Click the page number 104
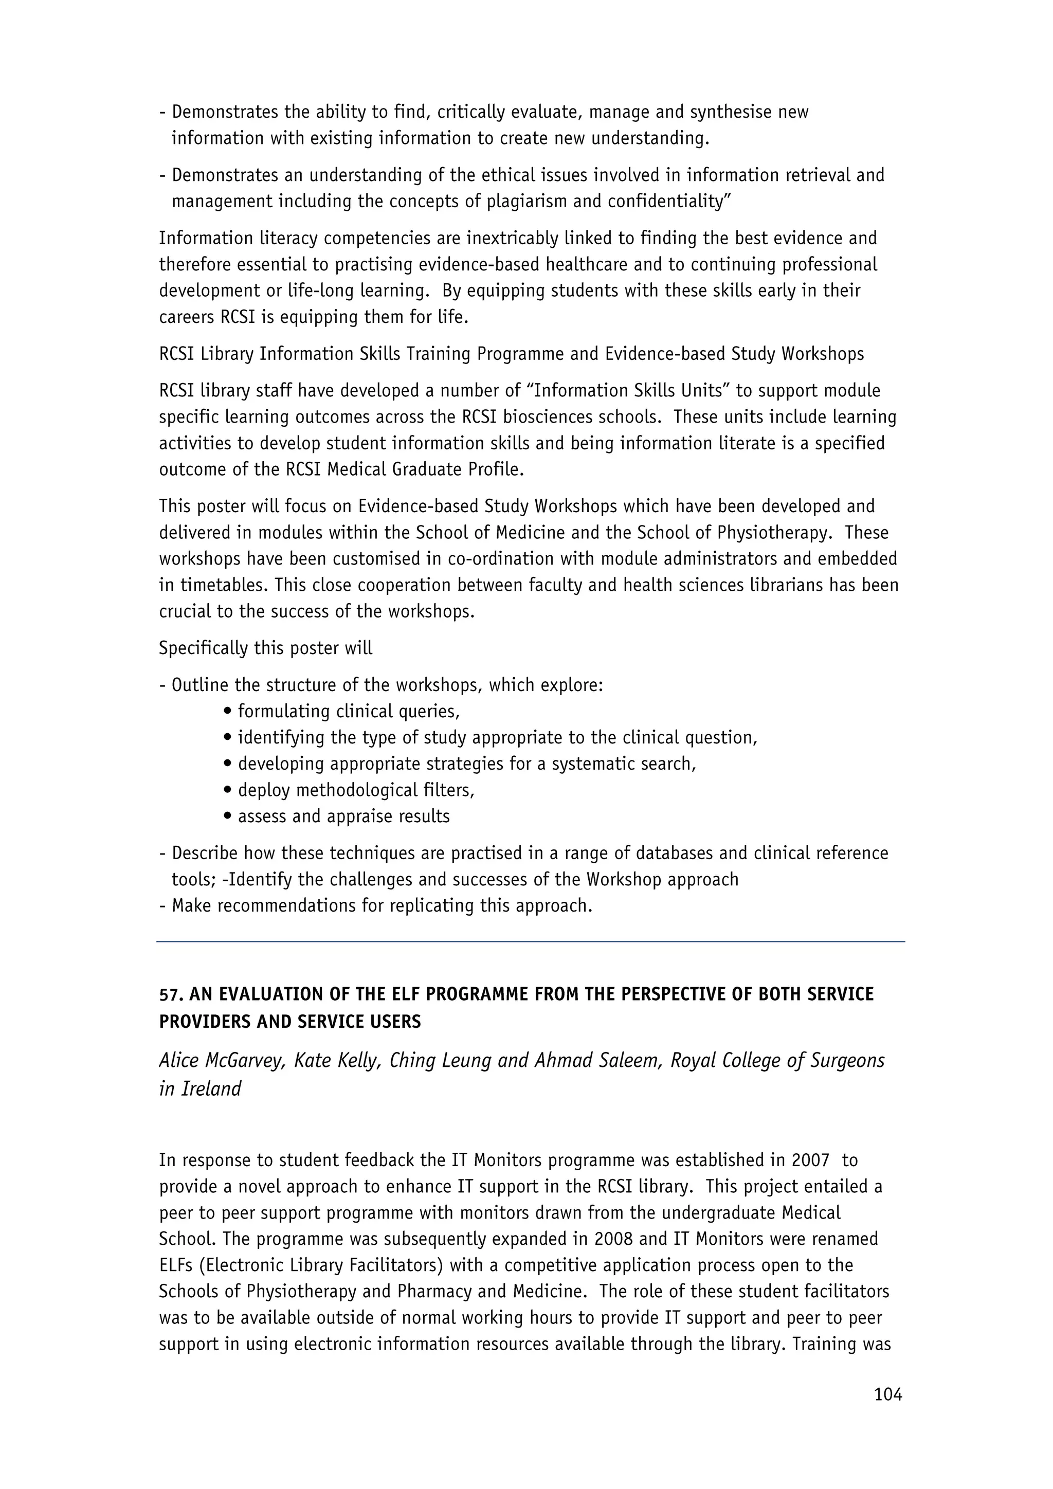point(887,1394)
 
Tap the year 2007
point(810,1160)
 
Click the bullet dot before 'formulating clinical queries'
point(227,712)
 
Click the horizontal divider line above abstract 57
point(531,941)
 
